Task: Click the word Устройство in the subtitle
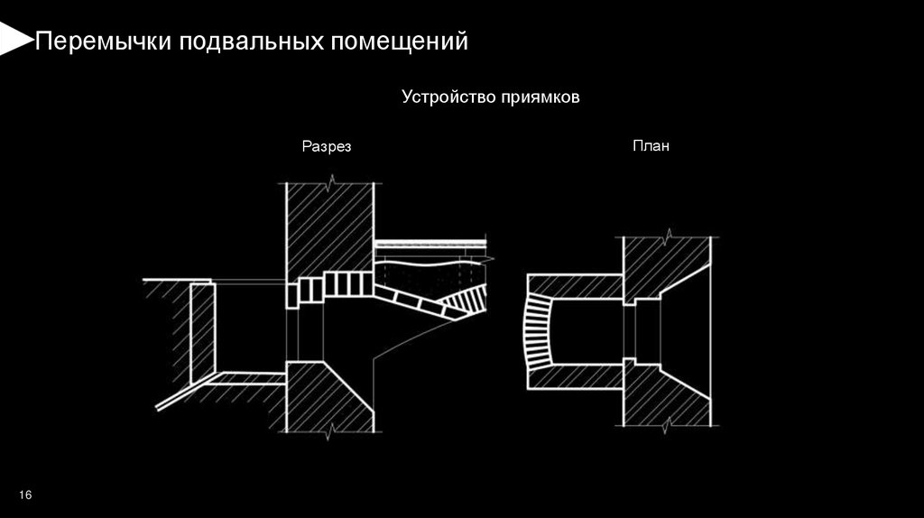(x=442, y=97)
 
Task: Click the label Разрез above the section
(x=326, y=146)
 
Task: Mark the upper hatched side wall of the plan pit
(x=578, y=287)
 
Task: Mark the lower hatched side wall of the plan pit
(x=578, y=376)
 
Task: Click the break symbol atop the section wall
(x=331, y=184)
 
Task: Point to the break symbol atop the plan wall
(x=668, y=237)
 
